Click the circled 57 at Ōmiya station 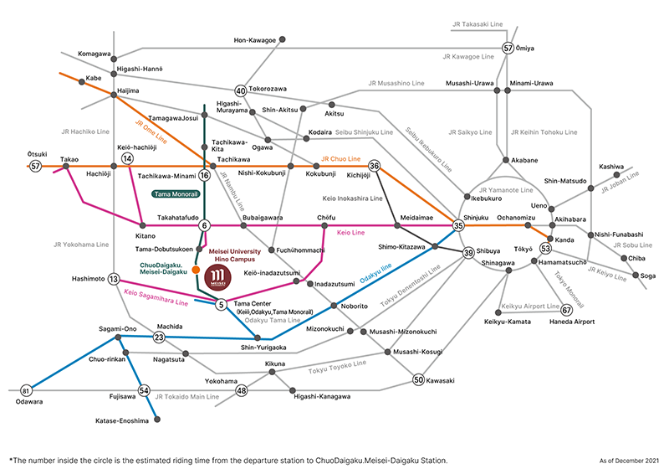pos(508,48)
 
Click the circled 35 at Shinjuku pos(458,226)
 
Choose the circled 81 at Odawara pos(26,390)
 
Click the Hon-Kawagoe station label pos(253,39)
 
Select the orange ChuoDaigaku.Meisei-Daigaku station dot pos(196,270)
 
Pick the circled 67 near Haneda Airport pos(567,308)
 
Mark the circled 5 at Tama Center pos(222,304)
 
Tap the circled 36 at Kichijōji pos(375,166)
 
